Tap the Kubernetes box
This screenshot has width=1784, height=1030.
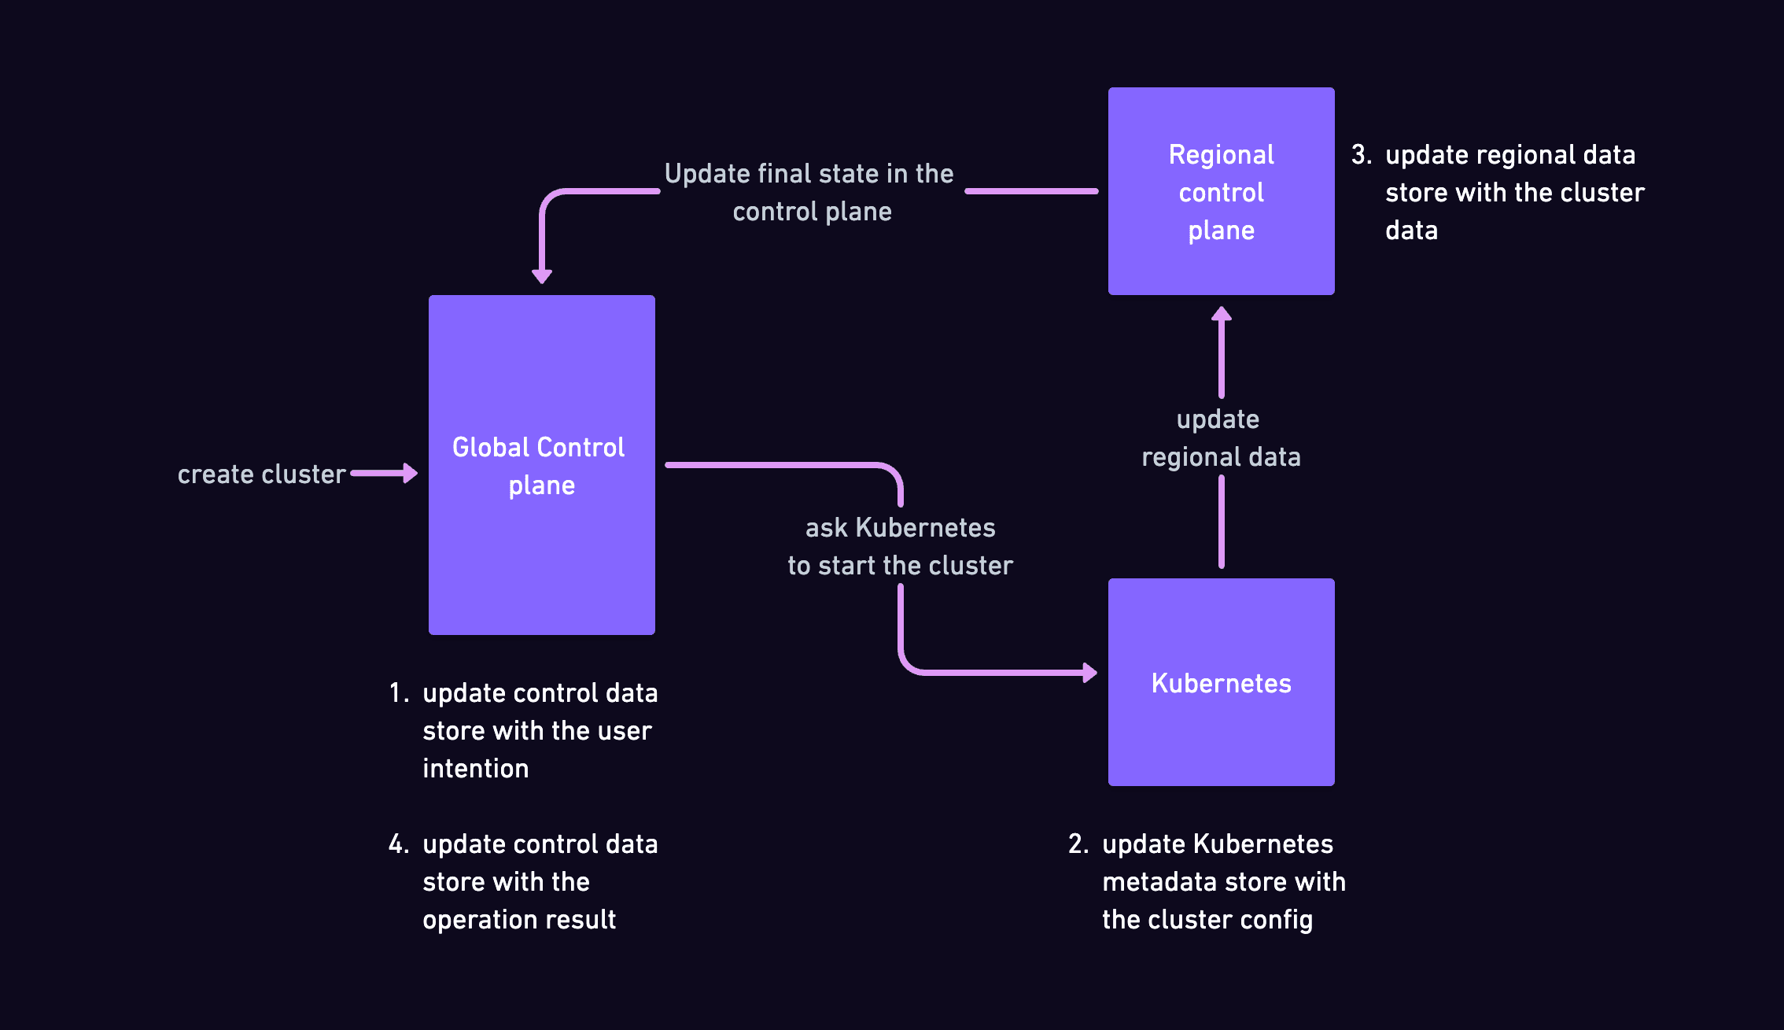[x=1221, y=740]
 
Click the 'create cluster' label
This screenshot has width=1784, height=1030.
[x=261, y=474]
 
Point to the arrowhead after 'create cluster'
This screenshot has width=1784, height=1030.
[x=410, y=473]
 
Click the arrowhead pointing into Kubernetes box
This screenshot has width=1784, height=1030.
[x=1089, y=673]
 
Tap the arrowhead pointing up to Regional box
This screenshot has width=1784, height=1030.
[x=1221, y=313]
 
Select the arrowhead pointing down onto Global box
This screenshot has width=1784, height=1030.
[x=542, y=275]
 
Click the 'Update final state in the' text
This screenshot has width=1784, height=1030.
[x=809, y=174]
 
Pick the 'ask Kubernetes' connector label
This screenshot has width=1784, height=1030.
[x=900, y=528]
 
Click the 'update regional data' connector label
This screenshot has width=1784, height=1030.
[x=1221, y=438]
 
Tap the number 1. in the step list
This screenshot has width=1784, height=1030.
[x=399, y=693]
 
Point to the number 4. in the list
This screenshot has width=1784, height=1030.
[x=399, y=844]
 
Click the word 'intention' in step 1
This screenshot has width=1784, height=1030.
[x=475, y=769]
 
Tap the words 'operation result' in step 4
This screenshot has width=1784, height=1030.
[x=519, y=920]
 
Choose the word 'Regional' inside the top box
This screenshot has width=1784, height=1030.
[x=1221, y=155]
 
